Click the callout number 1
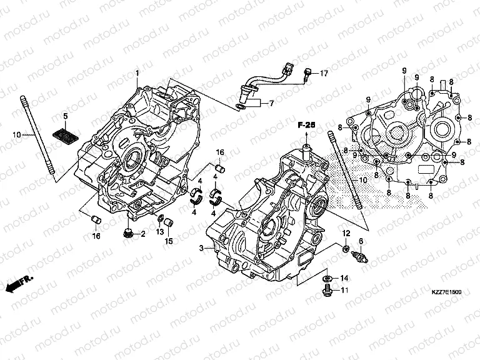pyautogui.click(x=136, y=74)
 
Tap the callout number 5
pyautogui.click(x=64, y=117)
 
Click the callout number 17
pyautogui.click(x=324, y=74)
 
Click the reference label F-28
pyautogui.click(x=305, y=126)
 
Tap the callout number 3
pyautogui.click(x=202, y=248)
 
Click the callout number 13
pyautogui.click(x=160, y=231)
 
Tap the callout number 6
pyautogui.click(x=361, y=242)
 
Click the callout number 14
pyautogui.click(x=345, y=277)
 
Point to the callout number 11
pyautogui.click(x=345, y=290)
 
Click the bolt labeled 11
pyautogui.click(x=327, y=290)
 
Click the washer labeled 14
pyautogui.click(x=327, y=277)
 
